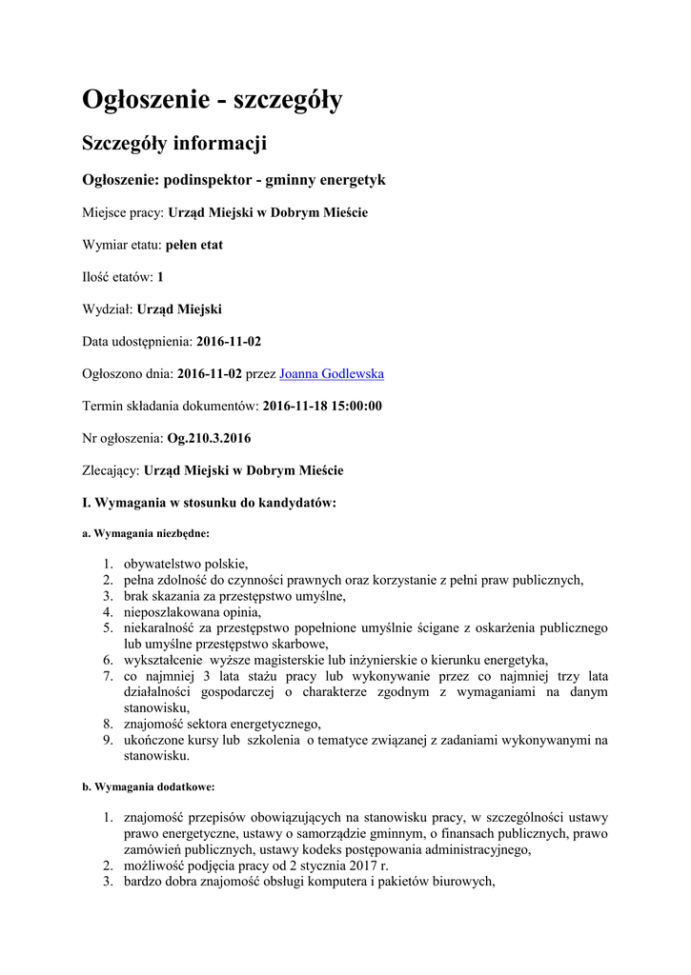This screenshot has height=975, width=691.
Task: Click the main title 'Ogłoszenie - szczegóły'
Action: tap(212, 100)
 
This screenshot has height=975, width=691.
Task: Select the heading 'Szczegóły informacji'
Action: tap(174, 144)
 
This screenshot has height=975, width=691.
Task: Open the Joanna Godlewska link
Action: tap(331, 373)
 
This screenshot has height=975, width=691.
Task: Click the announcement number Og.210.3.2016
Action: tap(209, 438)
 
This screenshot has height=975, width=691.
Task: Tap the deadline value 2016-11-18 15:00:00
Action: tap(322, 406)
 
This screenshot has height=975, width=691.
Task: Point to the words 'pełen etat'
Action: tap(194, 245)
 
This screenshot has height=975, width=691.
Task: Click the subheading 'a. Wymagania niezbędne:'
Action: tap(146, 534)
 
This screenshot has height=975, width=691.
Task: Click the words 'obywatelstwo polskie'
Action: tap(185, 564)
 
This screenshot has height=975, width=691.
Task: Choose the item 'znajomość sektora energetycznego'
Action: tap(221, 724)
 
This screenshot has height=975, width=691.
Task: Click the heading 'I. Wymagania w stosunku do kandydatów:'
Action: tap(209, 503)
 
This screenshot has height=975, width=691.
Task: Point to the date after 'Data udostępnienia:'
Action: tap(229, 341)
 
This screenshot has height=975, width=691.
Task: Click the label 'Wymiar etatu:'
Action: tap(122, 245)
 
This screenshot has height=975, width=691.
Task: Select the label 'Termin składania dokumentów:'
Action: tap(171, 406)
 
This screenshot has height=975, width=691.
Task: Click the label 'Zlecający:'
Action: tap(111, 470)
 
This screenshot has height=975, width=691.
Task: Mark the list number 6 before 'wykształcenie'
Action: tap(109, 660)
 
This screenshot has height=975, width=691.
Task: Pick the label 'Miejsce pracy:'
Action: tap(124, 212)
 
